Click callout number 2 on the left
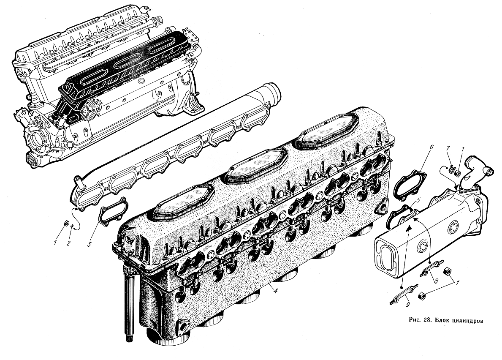68,243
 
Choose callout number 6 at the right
431,147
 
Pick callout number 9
407,305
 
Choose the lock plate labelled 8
432,268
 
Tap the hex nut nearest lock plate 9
422,296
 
